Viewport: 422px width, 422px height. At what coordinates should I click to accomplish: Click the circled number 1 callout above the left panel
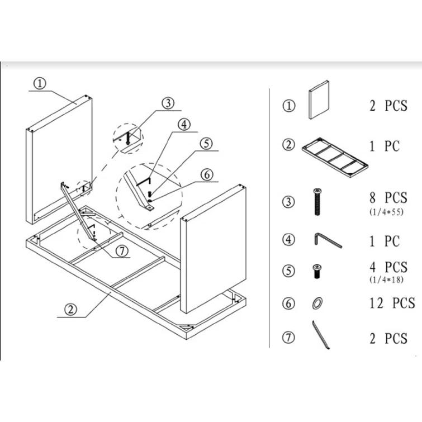[40, 83]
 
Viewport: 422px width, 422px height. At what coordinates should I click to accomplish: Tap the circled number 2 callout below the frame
[70, 310]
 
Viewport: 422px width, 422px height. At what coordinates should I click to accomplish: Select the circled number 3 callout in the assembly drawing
[168, 103]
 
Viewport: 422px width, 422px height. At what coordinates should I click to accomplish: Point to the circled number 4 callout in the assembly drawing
[184, 125]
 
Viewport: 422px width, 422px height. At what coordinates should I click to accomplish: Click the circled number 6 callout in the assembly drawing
[207, 174]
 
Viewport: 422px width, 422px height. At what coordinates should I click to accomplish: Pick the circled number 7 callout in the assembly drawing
[122, 251]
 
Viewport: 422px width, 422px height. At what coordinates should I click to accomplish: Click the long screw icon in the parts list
[317, 202]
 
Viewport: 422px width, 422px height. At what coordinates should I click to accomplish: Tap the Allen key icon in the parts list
[327, 240]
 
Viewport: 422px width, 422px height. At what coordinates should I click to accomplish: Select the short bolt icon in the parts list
[317, 271]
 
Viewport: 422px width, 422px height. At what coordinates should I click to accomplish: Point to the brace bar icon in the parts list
[320, 335]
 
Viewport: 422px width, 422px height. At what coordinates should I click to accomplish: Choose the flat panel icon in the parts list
[319, 99]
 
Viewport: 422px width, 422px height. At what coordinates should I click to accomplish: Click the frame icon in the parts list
[335, 158]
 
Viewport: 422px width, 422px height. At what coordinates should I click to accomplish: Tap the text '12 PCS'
[392, 303]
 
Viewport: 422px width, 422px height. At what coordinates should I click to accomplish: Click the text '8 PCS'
[388, 198]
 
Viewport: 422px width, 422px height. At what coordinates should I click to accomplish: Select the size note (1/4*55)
[386, 212]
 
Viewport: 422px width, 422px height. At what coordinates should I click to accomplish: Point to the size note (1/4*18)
[386, 280]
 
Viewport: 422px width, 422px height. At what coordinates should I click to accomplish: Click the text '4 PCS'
[388, 267]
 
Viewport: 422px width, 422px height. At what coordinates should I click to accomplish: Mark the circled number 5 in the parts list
[289, 271]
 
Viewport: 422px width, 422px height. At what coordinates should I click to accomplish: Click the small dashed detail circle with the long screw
[128, 138]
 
